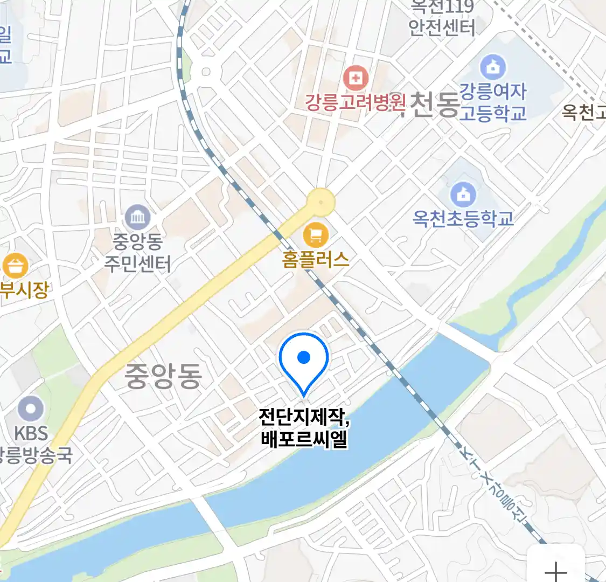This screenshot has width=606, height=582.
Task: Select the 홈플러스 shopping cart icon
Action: click(316, 235)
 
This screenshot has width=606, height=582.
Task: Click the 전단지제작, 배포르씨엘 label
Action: click(304, 428)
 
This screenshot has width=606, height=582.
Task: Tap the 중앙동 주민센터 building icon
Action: click(138, 218)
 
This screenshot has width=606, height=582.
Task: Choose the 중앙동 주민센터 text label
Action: click(138, 252)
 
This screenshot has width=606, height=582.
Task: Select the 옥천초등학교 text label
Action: click(463, 218)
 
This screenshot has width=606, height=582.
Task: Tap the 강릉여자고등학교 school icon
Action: click(492, 67)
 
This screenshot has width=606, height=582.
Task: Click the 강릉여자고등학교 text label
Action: click(492, 102)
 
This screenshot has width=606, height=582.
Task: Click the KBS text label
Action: click(31, 433)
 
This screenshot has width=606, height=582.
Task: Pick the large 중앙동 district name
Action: click(163, 376)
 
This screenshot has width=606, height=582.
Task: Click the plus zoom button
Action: click(555, 570)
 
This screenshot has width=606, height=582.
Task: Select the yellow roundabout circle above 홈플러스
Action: click(321, 203)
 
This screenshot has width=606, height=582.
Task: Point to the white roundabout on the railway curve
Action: click(206, 71)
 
